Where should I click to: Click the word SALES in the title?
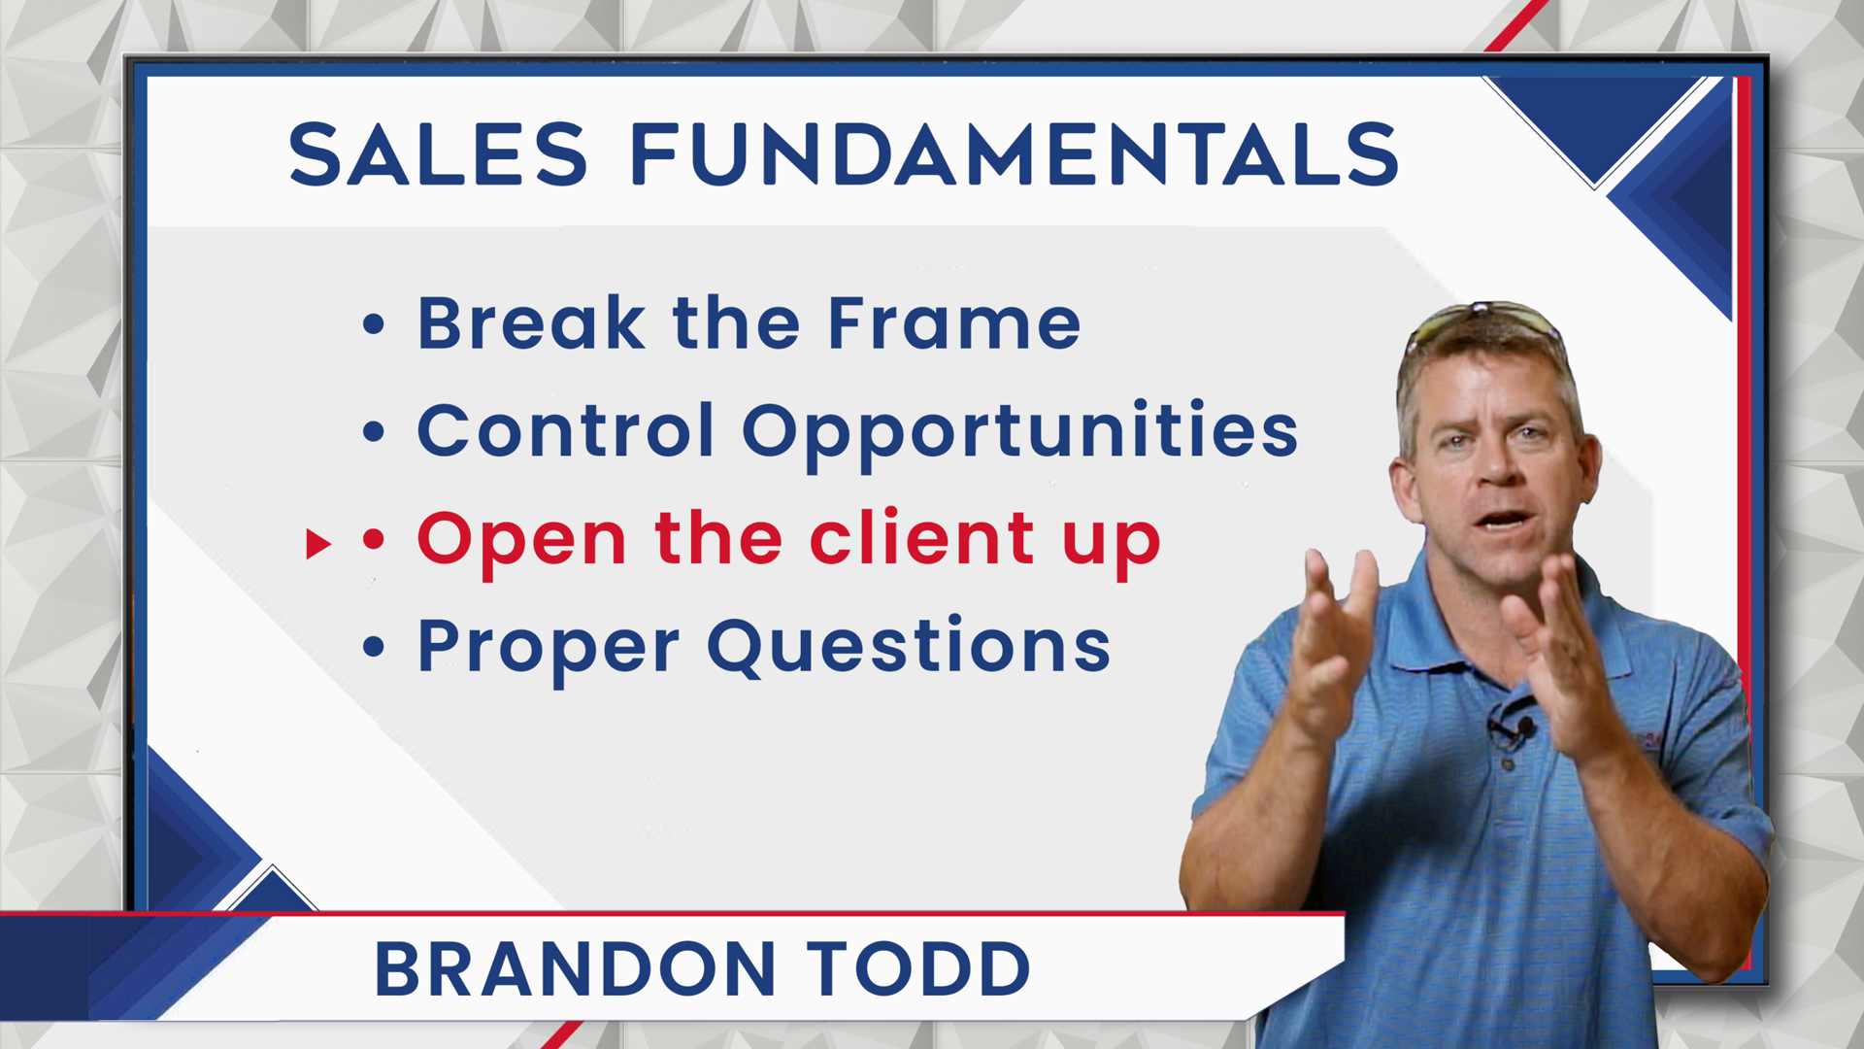click(x=438, y=154)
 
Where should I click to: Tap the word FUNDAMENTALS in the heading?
click(x=1015, y=154)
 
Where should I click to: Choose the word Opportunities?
click(x=1020, y=435)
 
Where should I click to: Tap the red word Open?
click(x=522, y=543)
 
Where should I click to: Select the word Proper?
click(x=549, y=650)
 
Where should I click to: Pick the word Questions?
click(x=909, y=648)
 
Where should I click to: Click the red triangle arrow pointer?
click(x=317, y=543)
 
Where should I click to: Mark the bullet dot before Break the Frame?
click(x=374, y=324)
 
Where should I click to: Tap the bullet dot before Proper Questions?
click(x=374, y=647)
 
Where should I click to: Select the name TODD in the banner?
click(x=918, y=969)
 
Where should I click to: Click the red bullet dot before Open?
click(x=374, y=539)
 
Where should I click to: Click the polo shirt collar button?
click(x=1508, y=764)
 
